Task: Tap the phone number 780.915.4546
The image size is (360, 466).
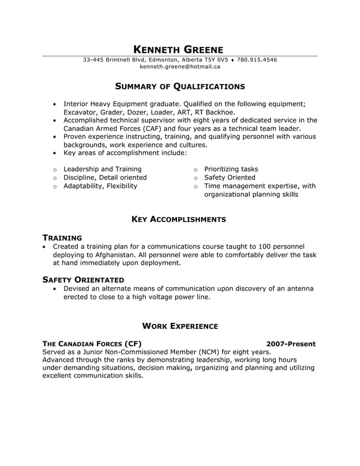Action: (257, 60)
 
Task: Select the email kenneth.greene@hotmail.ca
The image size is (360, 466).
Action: (180, 67)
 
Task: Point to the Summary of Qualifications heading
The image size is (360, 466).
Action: (180, 86)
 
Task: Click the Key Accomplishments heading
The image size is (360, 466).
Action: (179, 219)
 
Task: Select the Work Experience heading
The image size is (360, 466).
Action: (179, 326)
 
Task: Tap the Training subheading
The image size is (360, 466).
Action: (62, 238)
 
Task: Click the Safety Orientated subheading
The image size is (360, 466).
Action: (83, 279)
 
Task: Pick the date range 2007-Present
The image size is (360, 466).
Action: (291, 344)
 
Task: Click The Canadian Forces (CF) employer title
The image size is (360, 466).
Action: (92, 344)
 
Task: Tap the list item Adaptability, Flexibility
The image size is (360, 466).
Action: (100, 186)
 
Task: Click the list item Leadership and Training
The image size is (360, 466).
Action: (102, 169)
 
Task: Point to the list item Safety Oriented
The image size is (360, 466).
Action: (230, 177)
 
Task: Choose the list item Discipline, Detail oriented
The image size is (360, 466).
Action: (105, 177)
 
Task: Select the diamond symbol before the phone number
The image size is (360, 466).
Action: (232, 60)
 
